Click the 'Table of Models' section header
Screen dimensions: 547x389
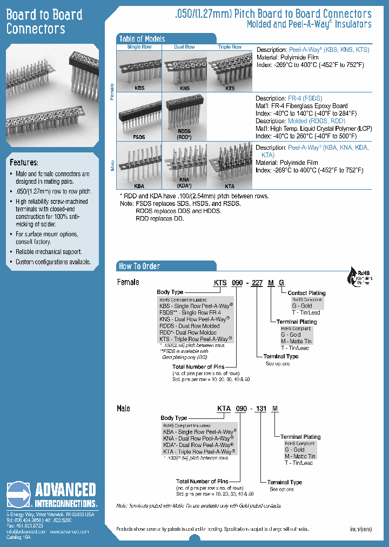(142, 39)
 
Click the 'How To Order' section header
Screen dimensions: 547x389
(139, 266)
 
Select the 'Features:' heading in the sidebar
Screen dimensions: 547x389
(24, 162)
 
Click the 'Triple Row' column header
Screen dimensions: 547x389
(230, 47)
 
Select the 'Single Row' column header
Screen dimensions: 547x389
(139, 47)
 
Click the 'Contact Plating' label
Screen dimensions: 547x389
(306, 293)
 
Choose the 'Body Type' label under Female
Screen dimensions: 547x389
(170, 292)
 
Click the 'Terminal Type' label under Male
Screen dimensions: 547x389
(285, 482)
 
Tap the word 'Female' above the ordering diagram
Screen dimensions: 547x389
(128, 282)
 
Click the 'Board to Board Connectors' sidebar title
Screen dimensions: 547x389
(44, 22)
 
